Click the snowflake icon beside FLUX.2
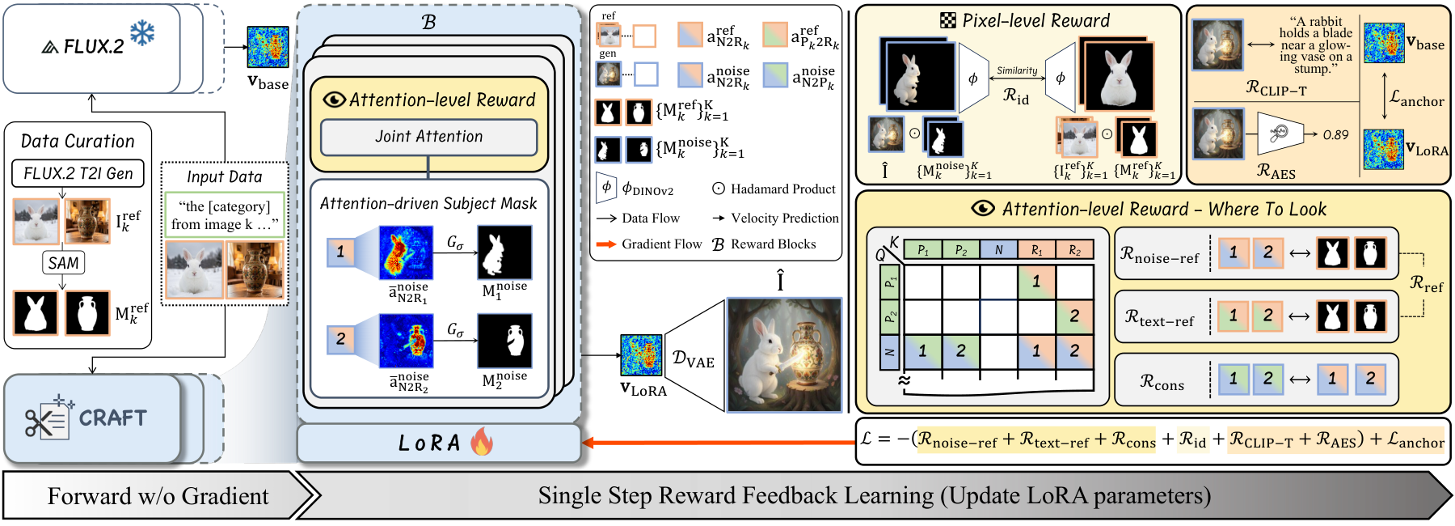(142, 33)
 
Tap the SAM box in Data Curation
(63, 263)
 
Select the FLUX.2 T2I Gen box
(78, 173)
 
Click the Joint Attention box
(428, 137)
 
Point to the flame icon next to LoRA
(482, 442)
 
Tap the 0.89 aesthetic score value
(1335, 135)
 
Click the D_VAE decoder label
(693, 359)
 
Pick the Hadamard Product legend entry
(774, 189)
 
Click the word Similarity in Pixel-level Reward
(1017, 71)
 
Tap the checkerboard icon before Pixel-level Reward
(948, 21)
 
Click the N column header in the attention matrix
(998, 250)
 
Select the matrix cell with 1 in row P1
(1036, 282)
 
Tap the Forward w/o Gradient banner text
(158, 495)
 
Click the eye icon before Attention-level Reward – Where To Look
(983, 209)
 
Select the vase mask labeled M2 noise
(504, 341)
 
